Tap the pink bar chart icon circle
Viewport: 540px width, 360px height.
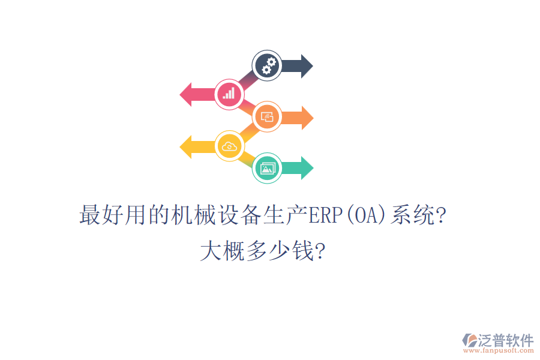click(x=229, y=94)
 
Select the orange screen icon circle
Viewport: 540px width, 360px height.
click(x=268, y=117)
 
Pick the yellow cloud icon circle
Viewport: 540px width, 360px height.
click(x=229, y=146)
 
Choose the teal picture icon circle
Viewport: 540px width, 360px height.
click(x=268, y=167)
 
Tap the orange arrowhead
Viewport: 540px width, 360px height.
click(x=307, y=118)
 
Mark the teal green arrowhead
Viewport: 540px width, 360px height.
click(x=307, y=168)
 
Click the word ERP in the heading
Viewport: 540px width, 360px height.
click(x=324, y=215)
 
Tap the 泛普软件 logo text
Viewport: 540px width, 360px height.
click(x=505, y=340)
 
